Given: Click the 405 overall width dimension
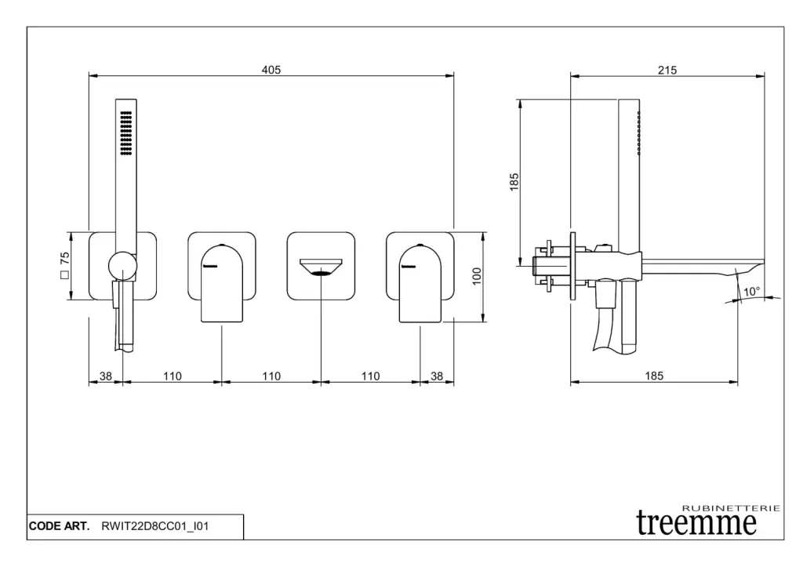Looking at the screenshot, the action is (x=271, y=70).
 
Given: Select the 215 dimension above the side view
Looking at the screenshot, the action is (x=667, y=70).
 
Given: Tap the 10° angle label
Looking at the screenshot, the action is (x=751, y=292).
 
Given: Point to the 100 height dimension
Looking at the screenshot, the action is (x=477, y=276).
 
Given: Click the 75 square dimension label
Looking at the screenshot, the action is (x=64, y=265).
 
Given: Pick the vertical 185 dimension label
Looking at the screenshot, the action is (x=514, y=182).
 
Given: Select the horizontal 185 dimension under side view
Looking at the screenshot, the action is (x=654, y=376).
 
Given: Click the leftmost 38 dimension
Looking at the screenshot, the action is (x=106, y=376).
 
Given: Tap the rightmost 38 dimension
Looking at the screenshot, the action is (x=436, y=376).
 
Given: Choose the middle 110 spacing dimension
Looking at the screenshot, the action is (x=271, y=376).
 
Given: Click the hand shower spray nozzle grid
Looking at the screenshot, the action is (x=126, y=133).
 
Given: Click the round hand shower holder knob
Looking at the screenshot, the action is (x=122, y=267).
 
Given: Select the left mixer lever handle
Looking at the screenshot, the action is (x=222, y=283).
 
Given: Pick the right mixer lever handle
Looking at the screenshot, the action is (x=420, y=283).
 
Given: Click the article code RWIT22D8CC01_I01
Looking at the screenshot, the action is (x=155, y=526).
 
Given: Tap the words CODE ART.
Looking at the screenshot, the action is (x=59, y=526).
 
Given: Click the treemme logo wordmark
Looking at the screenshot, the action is (x=696, y=522).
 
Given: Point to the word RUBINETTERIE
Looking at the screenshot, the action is (x=732, y=508).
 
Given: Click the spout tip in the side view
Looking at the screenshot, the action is (x=762, y=262).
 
